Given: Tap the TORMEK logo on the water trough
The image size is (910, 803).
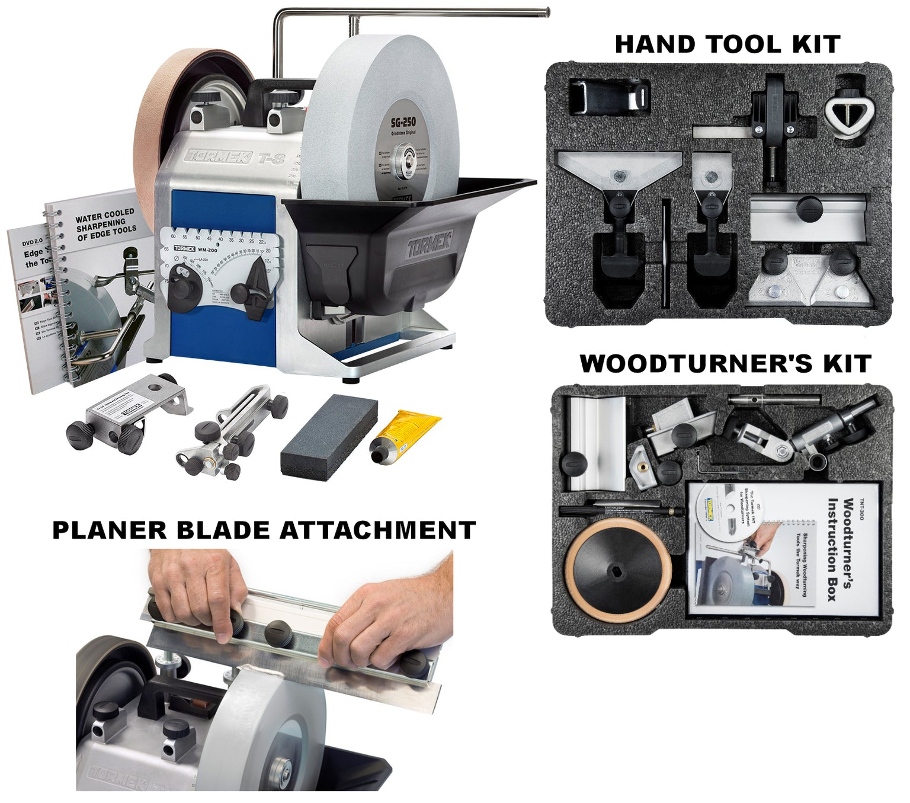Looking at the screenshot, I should pos(429,244).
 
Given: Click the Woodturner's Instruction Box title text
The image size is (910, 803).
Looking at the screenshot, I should pos(841,548).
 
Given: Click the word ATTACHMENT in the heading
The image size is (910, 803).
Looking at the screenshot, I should pos(377,530).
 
